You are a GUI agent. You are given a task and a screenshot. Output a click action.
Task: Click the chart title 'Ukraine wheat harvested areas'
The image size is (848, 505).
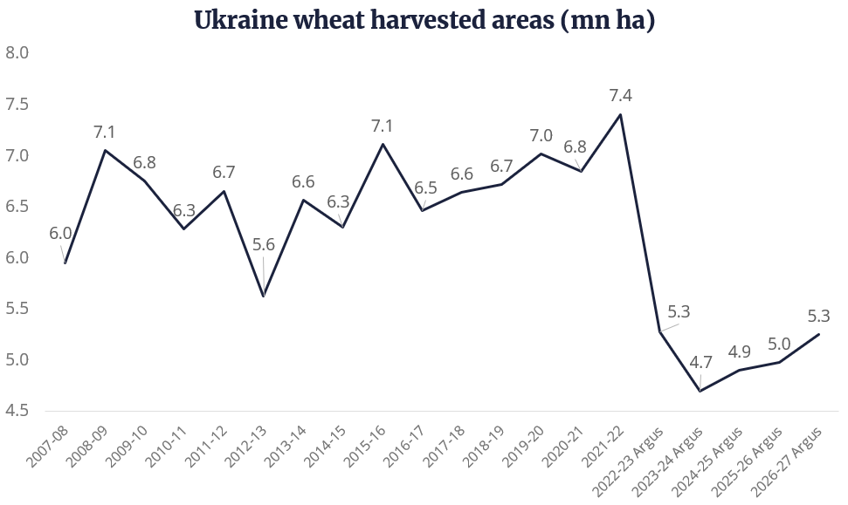(x=424, y=21)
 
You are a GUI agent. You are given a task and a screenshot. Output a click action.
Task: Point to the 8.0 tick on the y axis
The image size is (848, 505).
(x=17, y=53)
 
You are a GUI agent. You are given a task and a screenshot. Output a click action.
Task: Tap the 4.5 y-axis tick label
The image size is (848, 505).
(x=17, y=411)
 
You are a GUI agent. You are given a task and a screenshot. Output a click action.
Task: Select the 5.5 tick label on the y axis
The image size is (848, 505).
(x=17, y=309)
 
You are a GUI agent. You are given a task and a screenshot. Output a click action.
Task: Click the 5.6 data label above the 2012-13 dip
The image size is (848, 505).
(x=264, y=245)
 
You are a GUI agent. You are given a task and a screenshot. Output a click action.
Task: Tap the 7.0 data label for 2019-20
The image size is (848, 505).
(x=541, y=136)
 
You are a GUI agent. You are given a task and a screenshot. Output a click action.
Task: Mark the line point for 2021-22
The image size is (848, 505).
(x=621, y=114)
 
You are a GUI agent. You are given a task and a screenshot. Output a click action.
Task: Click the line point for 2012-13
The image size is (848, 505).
(x=264, y=297)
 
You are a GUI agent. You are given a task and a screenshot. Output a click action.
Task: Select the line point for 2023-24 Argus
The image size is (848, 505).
(x=700, y=391)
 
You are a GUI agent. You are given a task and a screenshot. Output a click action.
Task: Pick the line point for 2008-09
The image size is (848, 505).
(x=105, y=151)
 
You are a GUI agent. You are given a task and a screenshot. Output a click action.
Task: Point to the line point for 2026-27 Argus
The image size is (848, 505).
(x=819, y=334)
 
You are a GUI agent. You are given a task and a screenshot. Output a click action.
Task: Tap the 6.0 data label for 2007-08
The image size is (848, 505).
(x=60, y=234)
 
